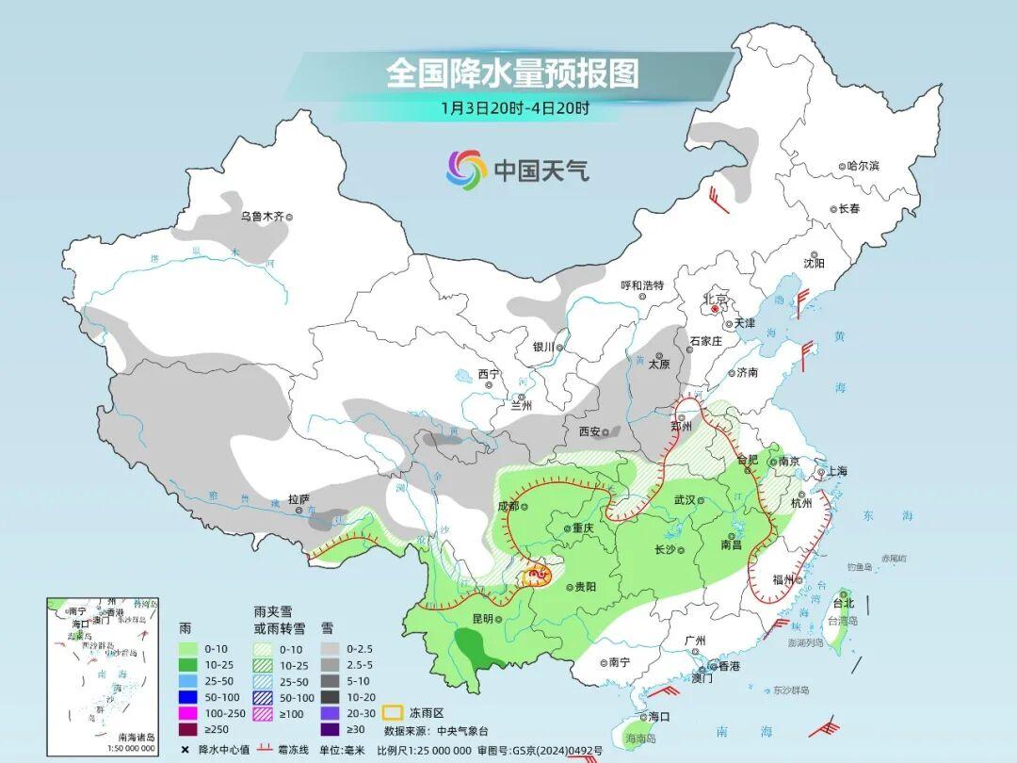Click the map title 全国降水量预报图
pyautogui.click(x=512, y=73)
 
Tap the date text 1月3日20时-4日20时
pyautogui.click(x=515, y=107)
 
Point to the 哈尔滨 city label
pyautogui.click(x=862, y=166)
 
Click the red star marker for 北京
pyautogui.click(x=715, y=308)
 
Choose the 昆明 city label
pyautogui.click(x=482, y=618)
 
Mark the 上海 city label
pyautogui.click(x=837, y=471)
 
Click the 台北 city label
pyautogui.click(x=843, y=603)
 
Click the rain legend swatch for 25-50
pyautogui.click(x=195, y=681)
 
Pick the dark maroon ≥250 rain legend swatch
pyautogui.click(x=195, y=728)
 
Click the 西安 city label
pyautogui.click(x=589, y=431)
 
